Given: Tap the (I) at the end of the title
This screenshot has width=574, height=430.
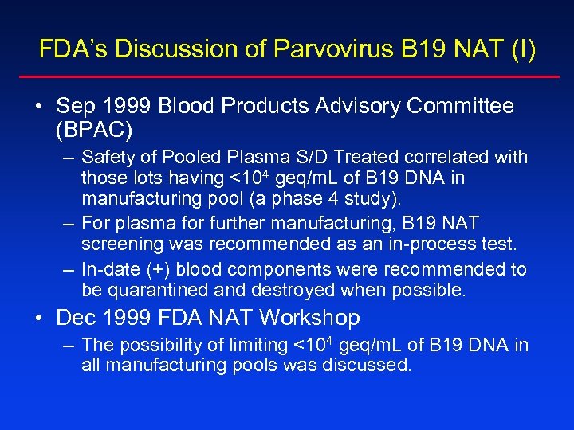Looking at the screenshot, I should point(522,49).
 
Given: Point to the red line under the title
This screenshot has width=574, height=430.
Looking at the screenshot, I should point(287,77).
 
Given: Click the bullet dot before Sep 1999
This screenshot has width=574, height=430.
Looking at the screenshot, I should point(40,107).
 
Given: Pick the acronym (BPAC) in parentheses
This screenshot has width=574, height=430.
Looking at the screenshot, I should point(94,127).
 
